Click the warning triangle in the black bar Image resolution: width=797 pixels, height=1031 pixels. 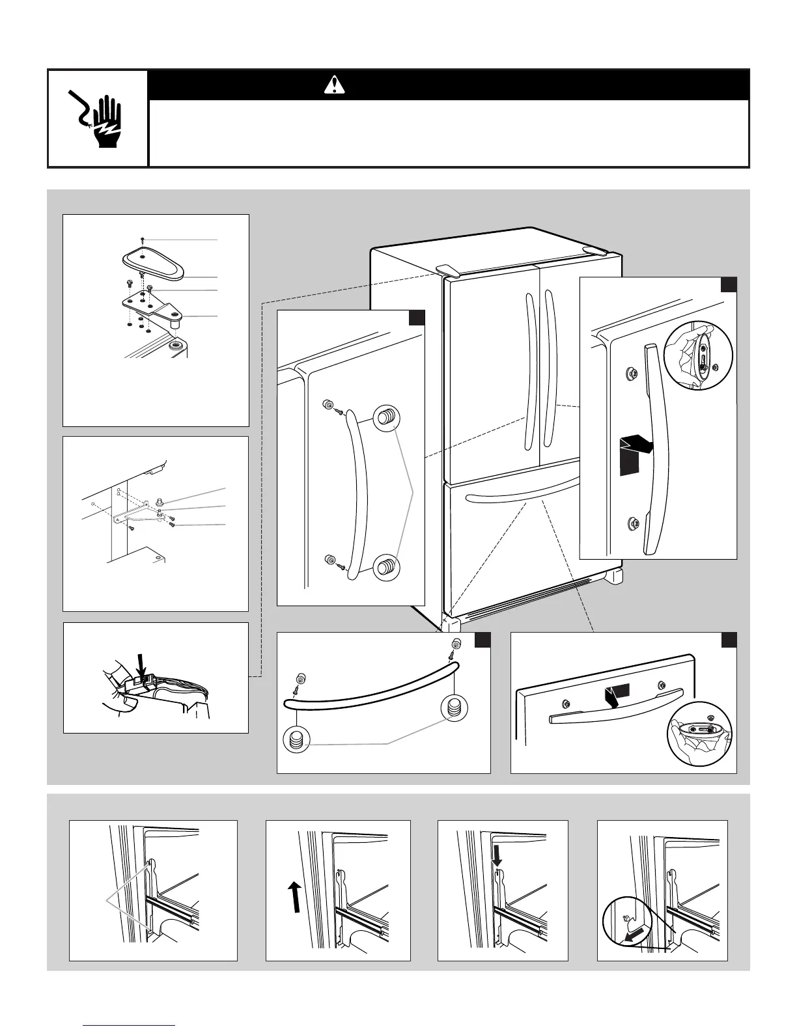click(335, 85)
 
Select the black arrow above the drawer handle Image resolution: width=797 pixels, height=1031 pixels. click(615, 695)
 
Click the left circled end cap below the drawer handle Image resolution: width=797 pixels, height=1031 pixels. click(297, 739)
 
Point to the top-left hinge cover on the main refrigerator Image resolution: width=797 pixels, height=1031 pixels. click(446, 268)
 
